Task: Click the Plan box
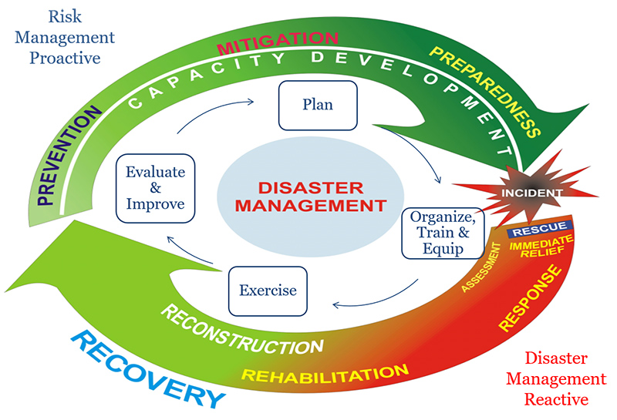pyautogui.click(x=317, y=105)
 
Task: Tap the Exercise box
pyautogui.click(x=268, y=291)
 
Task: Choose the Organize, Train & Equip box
pyautogui.click(x=437, y=231)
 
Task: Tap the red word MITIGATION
pyautogui.click(x=277, y=41)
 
